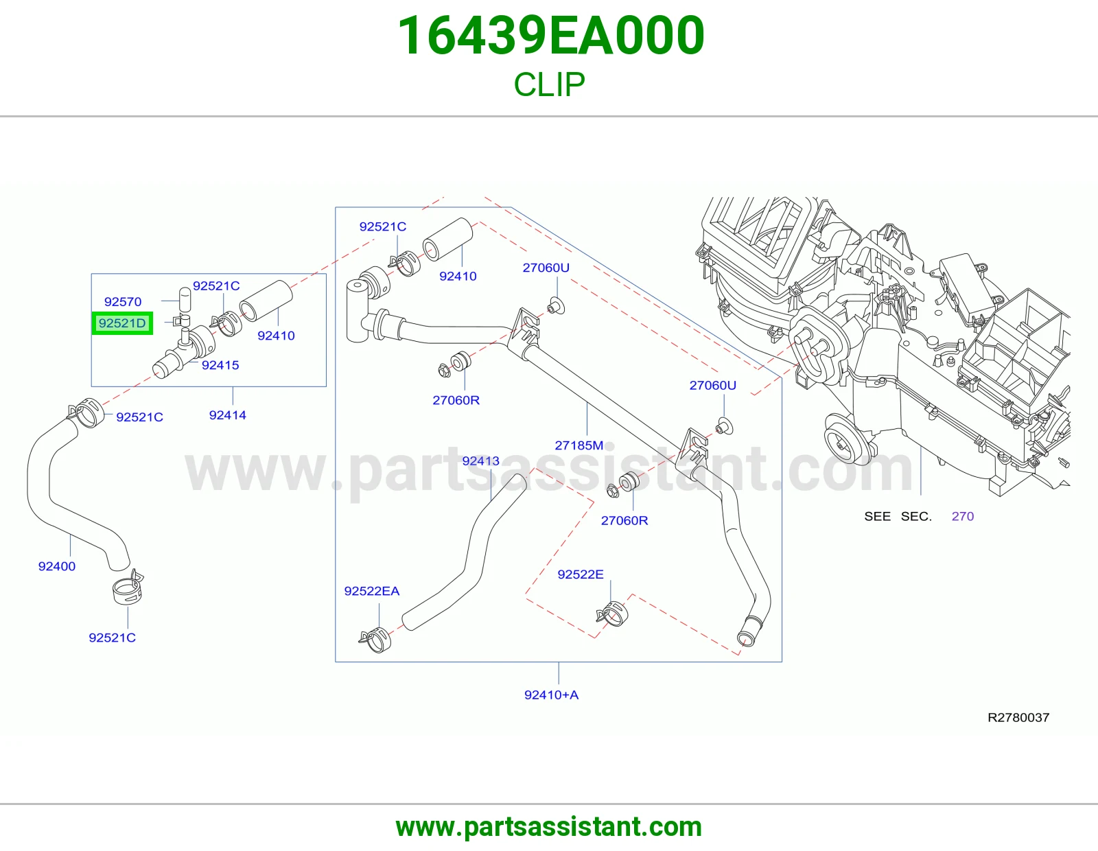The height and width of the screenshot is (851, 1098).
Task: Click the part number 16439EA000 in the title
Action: pos(551,36)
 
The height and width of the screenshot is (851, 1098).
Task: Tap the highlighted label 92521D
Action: pos(122,323)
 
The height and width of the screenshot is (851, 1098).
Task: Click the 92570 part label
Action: pos(123,302)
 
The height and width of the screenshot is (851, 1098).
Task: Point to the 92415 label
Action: pos(220,365)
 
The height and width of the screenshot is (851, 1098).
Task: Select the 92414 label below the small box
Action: pos(227,415)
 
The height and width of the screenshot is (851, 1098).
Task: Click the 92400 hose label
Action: pos(56,566)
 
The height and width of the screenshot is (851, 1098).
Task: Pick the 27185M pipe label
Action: pos(579,445)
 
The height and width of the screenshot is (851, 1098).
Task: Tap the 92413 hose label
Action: pos(480,461)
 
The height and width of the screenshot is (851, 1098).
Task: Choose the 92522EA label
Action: pos(372,591)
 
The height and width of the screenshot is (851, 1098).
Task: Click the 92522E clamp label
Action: pos(581,574)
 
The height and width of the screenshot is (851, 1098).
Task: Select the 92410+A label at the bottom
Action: pos(551,695)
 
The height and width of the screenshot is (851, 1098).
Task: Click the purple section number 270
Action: pos(963,516)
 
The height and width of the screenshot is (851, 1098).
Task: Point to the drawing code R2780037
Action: pos(1018,718)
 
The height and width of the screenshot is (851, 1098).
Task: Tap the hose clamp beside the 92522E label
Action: pos(613,614)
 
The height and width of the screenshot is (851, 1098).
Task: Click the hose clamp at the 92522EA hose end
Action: pos(375,639)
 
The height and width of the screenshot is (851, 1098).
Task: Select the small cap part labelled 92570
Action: pos(185,300)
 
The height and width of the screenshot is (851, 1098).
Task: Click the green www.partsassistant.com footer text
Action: pos(549,827)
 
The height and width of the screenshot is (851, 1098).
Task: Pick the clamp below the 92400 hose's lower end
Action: pos(128,588)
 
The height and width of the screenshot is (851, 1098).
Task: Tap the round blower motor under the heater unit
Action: pos(845,440)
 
